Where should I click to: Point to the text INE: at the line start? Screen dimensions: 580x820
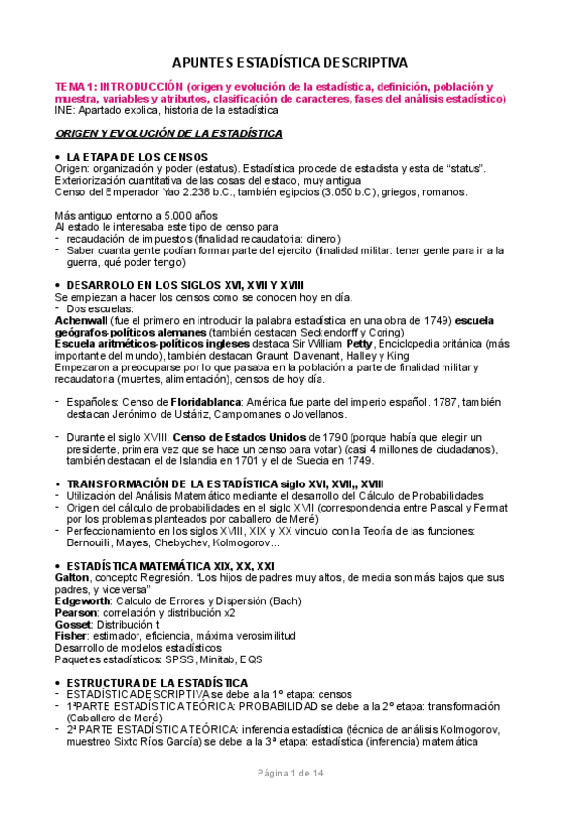pyautogui.click(x=66, y=109)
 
